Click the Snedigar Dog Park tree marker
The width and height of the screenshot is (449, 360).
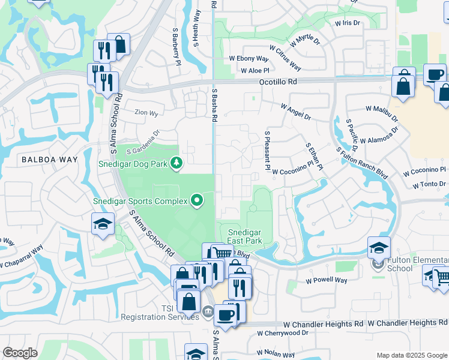[176, 163]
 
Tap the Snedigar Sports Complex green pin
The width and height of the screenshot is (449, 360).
[196, 200]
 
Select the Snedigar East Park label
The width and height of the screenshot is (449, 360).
[246, 236]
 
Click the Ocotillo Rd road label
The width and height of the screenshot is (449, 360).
[278, 82]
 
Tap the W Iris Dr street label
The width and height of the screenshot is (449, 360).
[347, 23]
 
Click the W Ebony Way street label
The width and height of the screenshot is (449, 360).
[249, 59]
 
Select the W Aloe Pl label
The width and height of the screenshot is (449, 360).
[255, 70]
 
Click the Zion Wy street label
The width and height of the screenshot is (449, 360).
[146, 113]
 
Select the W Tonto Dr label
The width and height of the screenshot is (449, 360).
[430, 184]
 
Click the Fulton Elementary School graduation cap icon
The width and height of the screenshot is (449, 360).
[379, 247]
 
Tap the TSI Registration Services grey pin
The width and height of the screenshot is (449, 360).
[206, 310]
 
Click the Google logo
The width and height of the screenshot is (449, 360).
[20, 353]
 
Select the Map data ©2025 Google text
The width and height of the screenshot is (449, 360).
[412, 355]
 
